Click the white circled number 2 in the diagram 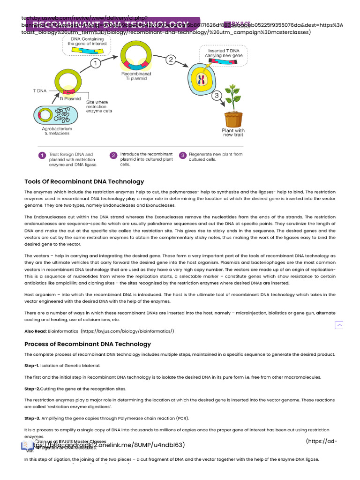coord(171,60)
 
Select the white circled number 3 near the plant coord(217,96)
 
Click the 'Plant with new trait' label coord(233,133)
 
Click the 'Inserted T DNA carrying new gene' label coord(223,52)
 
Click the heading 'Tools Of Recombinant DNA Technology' coord(84,181)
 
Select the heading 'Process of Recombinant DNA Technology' coord(88,344)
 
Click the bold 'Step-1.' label coord(31,365)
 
